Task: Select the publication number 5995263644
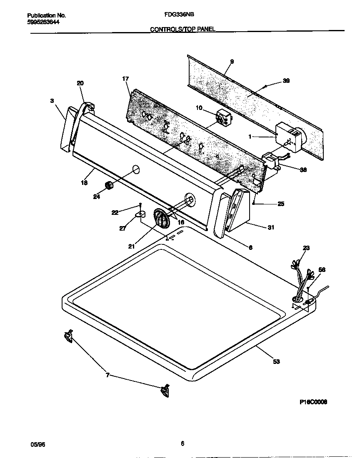pos(40,22)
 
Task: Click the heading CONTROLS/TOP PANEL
pos(182,30)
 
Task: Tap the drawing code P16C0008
pos(313,402)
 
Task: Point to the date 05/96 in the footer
pos(37,444)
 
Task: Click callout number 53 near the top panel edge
pos(276,361)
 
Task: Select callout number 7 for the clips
pos(107,375)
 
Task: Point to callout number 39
pos(286,81)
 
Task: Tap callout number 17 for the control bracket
pos(125,78)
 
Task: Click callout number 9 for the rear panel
pos(232,62)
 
